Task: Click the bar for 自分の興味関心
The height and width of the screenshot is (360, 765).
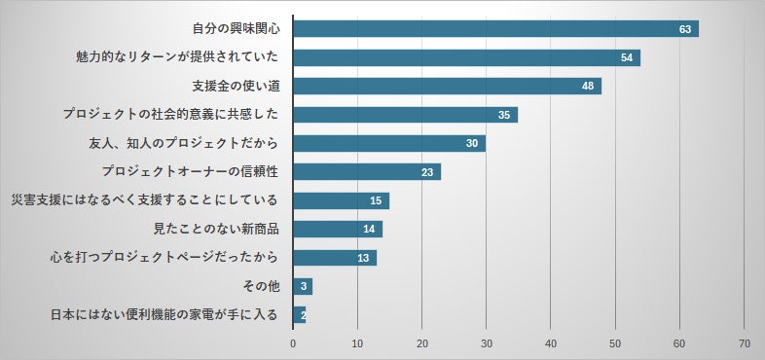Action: [x=495, y=28]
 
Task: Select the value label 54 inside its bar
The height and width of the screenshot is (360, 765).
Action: [x=629, y=57]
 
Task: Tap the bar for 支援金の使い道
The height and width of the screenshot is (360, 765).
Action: [x=447, y=86]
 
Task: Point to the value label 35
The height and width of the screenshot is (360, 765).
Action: [x=504, y=115]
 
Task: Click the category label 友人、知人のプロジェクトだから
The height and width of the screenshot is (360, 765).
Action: [x=184, y=143]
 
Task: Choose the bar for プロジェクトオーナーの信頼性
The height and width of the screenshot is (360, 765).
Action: [x=366, y=172]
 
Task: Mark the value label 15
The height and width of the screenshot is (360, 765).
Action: [x=376, y=200]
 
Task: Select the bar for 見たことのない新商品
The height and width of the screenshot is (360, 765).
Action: [x=337, y=230]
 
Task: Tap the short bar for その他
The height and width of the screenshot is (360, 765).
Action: [x=302, y=287]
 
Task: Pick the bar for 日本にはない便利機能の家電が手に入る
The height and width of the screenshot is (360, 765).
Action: [x=299, y=315]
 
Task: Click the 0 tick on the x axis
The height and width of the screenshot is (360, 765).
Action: [x=293, y=343]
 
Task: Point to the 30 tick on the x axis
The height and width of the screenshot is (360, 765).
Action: [x=487, y=343]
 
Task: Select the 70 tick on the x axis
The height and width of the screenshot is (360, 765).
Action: [x=745, y=343]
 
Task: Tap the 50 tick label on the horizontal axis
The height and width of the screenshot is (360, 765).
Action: [x=615, y=343]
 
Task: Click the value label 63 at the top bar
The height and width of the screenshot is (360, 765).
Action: [x=685, y=29]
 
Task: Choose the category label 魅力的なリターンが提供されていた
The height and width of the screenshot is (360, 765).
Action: [x=178, y=57]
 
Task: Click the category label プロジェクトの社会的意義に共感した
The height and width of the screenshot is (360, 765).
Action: [x=170, y=115]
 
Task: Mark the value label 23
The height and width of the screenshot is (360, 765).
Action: [x=427, y=172]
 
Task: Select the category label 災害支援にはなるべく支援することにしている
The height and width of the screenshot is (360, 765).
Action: [x=144, y=200]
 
